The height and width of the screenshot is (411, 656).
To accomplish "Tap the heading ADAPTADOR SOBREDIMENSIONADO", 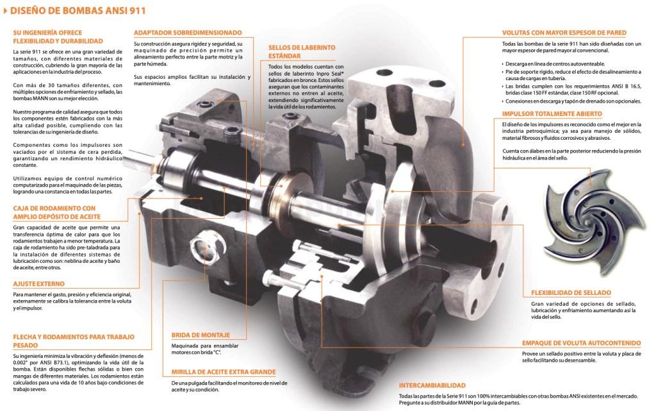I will [x=188, y=32].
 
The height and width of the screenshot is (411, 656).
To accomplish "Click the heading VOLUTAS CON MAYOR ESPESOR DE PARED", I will [x=564, y=33].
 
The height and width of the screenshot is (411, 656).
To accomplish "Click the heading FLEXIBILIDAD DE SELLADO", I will [x=571, y=292].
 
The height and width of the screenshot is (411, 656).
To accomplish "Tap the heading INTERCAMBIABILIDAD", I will [x=432, y=386].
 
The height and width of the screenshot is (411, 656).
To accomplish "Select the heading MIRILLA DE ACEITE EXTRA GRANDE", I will [x=224, y=372].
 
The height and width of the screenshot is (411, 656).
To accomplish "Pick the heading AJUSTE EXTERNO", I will [x=38, y=283].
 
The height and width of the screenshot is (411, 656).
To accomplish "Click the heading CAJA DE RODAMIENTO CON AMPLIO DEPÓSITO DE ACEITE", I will [x=54, y=212].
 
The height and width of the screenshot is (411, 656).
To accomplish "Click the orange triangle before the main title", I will [x=6, y=10].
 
